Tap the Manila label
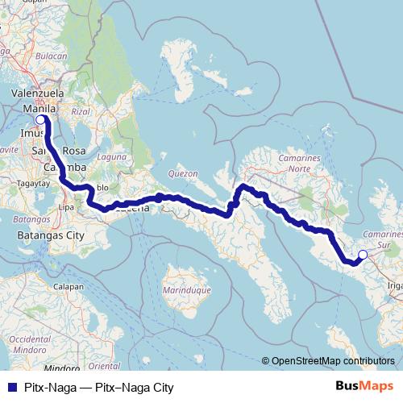[x=39, y=108]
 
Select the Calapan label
[x=69, y=286]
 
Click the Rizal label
[x=79, y=111]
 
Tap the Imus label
[x=30, y=131]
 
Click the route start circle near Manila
[x=40, y=120]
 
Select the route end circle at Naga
[x=363, y=255]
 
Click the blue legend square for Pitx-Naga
[x=8, y=388]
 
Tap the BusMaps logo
[x=365, y=386]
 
